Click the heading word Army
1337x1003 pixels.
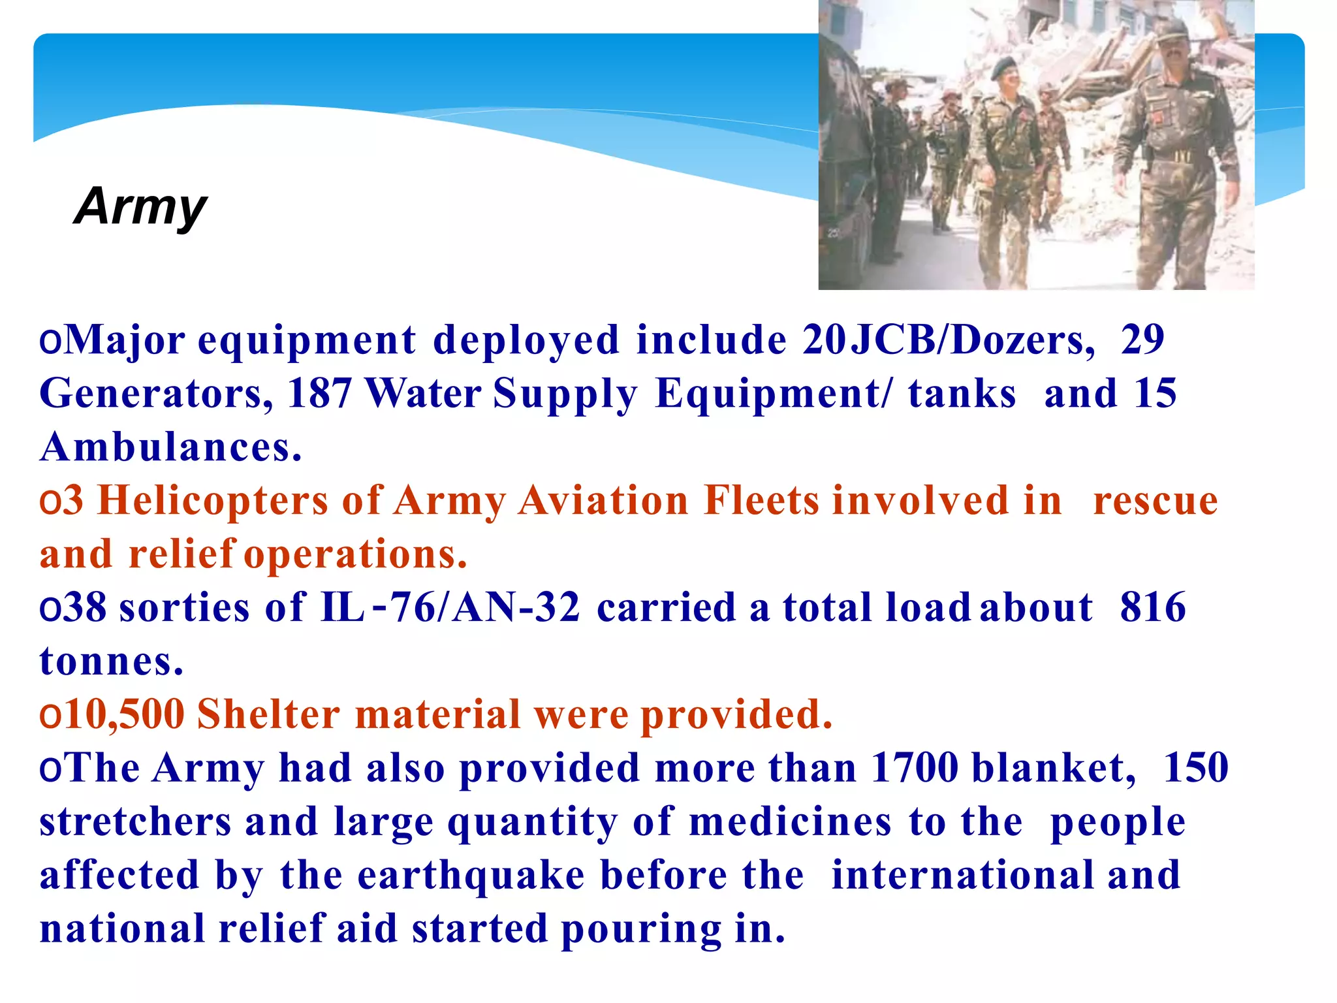click(x=140, y=206)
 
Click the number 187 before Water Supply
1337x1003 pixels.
click(x=319, y=394)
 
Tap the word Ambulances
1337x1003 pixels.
click(x=170, y=447)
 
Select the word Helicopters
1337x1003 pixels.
click(x=213, y=501)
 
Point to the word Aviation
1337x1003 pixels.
click(x=603, y=501)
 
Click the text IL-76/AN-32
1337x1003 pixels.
click(x=450, y=608)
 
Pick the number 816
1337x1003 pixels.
click(x=1153, y=608)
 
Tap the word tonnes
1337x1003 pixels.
click(x=111, y=661)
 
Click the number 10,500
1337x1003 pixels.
click(x=125, y=714)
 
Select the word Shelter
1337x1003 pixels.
click(x=268, y=714)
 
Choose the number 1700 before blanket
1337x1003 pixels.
click(x=915, y=768)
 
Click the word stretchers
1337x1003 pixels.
click(x=135, y=821)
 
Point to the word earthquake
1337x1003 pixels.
click(x=471, y=875)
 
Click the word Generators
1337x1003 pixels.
click(x=156, y=394)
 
